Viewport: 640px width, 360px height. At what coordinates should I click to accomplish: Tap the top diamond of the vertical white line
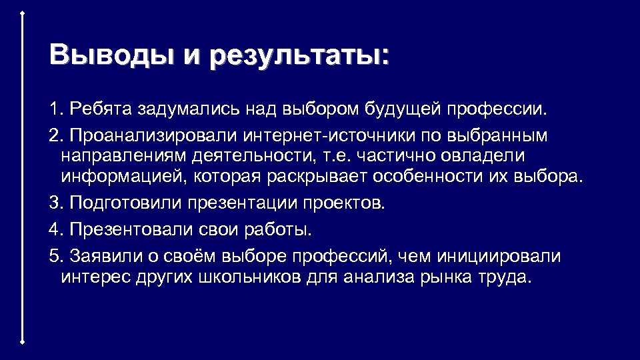pos(23,13)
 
